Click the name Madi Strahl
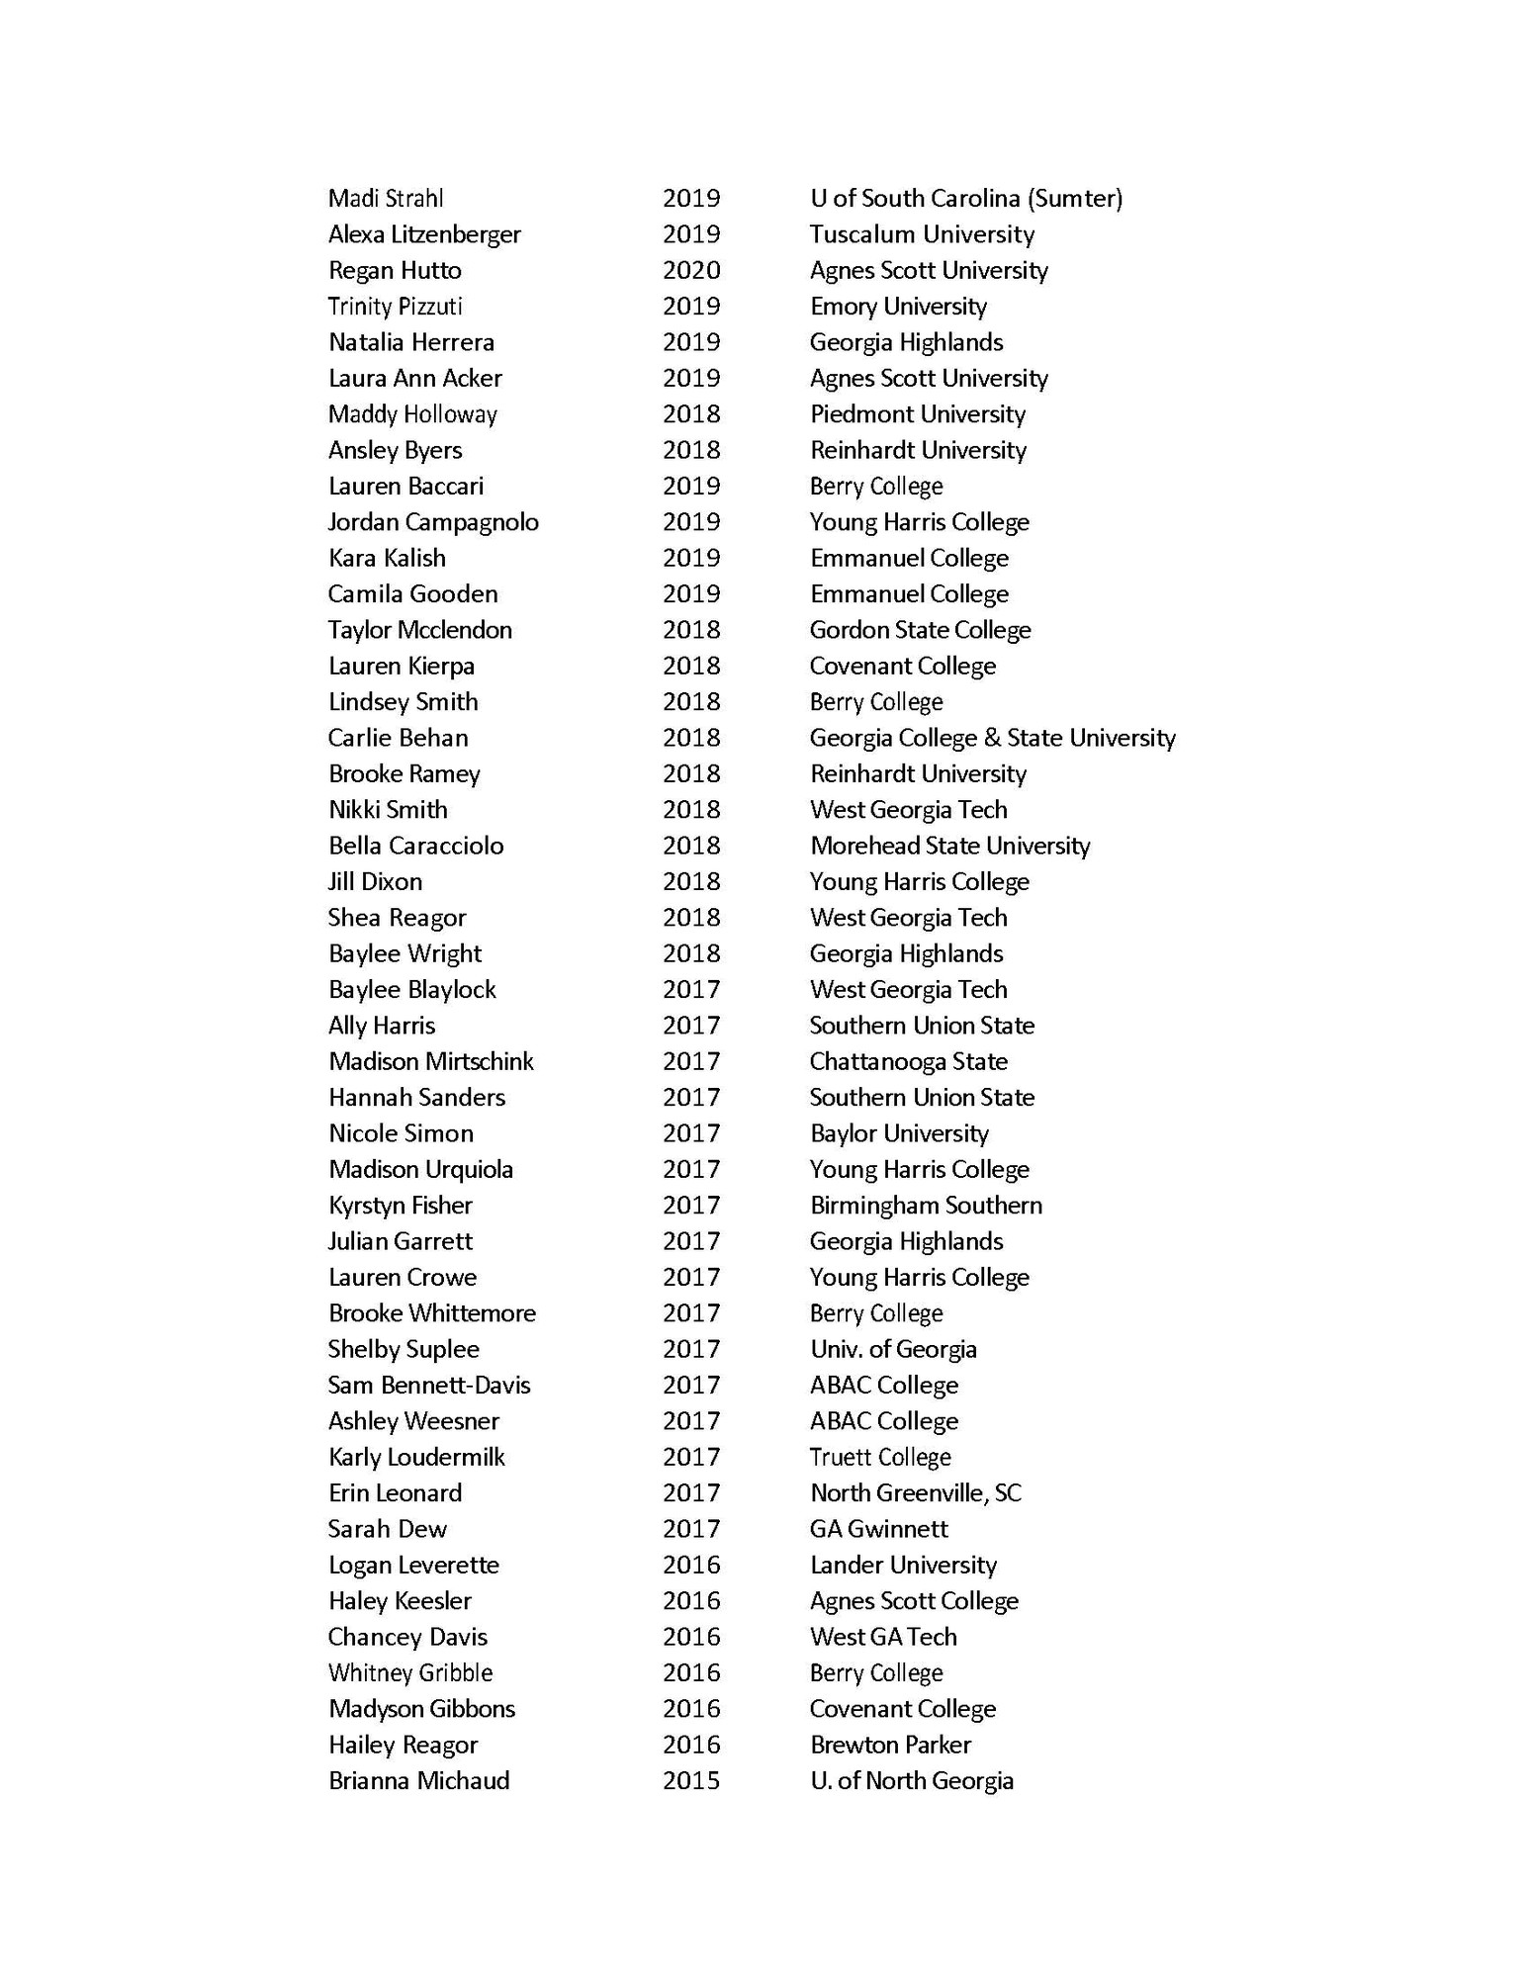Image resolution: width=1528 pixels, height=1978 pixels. pos(386,199)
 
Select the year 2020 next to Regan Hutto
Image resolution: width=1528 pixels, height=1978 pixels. pos(691,270)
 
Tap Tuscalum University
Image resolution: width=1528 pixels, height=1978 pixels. pos(922,234)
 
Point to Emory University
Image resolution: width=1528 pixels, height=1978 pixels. pos(898,307)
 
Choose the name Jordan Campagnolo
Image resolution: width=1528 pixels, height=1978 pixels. pos(433,522)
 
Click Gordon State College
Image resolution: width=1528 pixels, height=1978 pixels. pos(920,630)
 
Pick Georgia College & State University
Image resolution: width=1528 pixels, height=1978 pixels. pos(992,738)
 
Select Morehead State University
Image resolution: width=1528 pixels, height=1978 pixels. pos(949,846)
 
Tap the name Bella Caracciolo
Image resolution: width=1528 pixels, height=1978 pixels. pos(416,846)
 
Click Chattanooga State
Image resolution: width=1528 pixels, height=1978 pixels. pos(908,1061)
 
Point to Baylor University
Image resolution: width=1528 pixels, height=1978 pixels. pos(899,1133)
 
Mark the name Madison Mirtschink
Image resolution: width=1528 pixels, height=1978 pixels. pos(431,1061)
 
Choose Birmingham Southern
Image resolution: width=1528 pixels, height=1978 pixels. pos(926,1206)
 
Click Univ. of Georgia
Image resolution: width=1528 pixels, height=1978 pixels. pos(893,1349)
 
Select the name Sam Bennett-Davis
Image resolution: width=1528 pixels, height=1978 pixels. pos(429,1385)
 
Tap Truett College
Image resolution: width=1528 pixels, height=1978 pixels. pos(880,1457)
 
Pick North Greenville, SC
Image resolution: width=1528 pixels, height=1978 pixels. pos(915,1492)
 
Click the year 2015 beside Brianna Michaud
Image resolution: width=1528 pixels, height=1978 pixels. pos(691,1780)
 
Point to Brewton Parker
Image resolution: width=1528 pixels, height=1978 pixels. pos(890,1745)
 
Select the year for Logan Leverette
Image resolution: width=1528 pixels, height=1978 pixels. pos(691,1565)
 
